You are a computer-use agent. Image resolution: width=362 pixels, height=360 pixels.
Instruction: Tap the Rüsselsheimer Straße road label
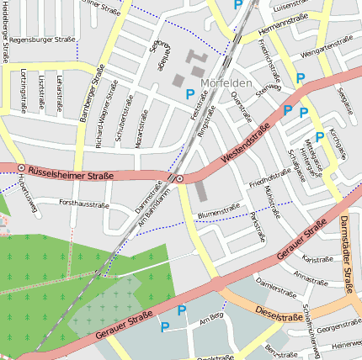[x=71, y=174]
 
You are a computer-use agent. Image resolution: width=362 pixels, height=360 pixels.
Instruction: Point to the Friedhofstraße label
[x=269, y=179]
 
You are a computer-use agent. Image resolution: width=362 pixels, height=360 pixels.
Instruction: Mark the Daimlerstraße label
[x=279, y=285]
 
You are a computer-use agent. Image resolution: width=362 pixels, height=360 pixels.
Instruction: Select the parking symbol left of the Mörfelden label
[x=190, y=95]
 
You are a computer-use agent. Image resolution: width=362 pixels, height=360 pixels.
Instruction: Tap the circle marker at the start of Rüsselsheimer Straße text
[x=21, y=168]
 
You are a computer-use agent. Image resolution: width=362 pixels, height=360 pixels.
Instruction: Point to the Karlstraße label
[x=317, y=259]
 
